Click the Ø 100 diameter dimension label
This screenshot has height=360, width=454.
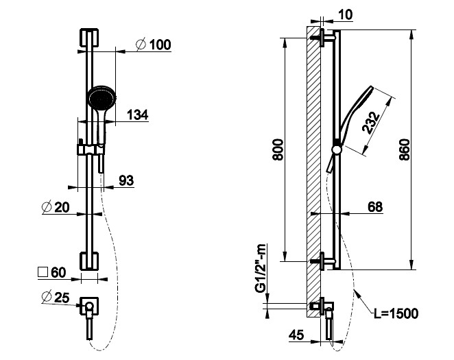154,45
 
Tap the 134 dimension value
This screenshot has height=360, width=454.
138,115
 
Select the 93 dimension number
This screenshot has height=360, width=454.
126,180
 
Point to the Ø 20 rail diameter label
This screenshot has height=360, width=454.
56,207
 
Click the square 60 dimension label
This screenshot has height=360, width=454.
52,272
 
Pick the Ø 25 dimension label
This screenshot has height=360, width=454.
56,297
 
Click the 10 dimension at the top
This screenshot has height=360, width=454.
345,15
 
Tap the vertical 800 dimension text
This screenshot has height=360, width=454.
278,149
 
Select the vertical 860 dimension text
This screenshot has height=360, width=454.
405,149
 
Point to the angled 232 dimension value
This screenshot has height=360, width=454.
371,123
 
